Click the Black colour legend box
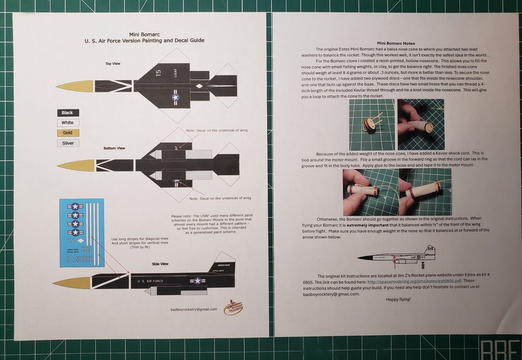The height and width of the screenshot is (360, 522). pos(67,113)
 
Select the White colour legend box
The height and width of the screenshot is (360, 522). pos(67,123)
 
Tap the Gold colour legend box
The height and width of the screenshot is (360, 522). pos(67,133)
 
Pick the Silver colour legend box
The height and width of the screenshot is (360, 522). pos(67,143)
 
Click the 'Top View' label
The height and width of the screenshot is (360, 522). pos(113,63)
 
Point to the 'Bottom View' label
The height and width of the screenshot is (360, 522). pos(114,148)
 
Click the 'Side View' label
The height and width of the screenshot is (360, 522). pos(160,264)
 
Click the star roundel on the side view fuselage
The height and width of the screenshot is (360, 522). pos(198,281)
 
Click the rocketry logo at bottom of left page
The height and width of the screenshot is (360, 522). pos(233,307)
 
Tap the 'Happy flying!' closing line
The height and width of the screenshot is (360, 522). pos(399,299)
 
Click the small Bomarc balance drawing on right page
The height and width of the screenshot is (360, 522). pos(399,256)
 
